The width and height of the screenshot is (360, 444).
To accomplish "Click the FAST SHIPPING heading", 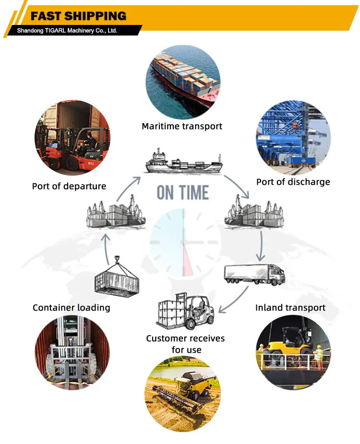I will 78,16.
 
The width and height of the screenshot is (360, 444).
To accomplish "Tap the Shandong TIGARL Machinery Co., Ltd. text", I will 67,31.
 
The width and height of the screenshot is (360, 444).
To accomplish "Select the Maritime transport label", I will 182,126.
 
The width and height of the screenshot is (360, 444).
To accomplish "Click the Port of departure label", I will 69,186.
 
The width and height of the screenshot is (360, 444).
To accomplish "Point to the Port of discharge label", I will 293,181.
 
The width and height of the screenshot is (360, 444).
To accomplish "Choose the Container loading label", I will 71,307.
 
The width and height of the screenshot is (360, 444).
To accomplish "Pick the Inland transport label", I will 290,307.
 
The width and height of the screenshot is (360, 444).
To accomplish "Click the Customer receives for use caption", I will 185,344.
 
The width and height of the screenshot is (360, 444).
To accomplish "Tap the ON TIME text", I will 183,192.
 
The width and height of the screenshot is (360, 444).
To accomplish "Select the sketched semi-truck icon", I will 254,274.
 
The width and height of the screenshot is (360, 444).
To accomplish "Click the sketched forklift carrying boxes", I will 185,312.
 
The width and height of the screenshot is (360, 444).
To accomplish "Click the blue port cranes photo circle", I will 293,137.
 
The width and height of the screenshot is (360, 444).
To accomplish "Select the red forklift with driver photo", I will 72,137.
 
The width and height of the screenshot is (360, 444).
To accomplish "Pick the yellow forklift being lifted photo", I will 293,353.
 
